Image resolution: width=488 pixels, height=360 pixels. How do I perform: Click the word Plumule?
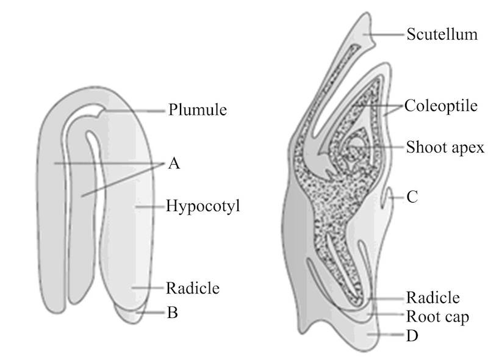click(198, 110)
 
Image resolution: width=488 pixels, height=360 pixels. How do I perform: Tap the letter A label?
click(174, 164)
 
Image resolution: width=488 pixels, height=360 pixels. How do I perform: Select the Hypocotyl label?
click(203, 206)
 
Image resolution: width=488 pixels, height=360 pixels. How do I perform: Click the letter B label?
click(172, 314)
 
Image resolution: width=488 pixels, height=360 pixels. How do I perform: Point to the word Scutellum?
click(442, 34)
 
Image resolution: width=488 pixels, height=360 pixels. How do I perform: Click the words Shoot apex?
click(445, 147)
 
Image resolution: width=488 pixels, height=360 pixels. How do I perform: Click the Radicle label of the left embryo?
click(192, 287)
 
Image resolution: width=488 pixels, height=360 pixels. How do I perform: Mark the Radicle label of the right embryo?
click(432, 298)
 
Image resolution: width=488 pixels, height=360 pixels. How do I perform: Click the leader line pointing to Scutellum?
click(387, 35)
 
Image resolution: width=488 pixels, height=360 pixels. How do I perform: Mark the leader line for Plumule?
click(134, 111)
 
